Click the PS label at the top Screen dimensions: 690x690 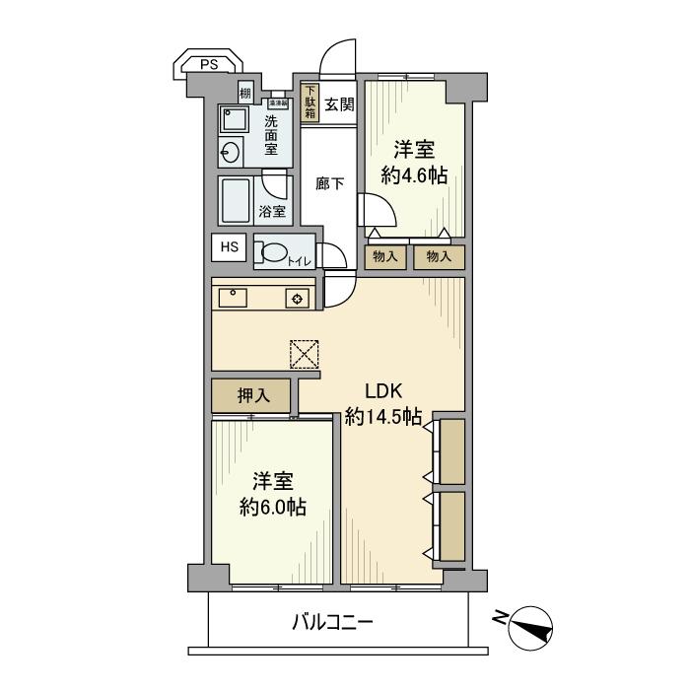click(208, 65)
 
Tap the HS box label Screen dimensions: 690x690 click(229, 247)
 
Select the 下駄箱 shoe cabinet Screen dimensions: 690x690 click(310, 103)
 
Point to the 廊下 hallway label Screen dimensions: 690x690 click(329, 183)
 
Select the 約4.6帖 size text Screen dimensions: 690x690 click(415, 176)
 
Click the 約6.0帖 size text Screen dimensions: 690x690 click(273, 508)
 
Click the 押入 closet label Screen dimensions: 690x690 click(252, 396)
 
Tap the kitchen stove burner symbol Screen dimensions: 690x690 click(297, 299)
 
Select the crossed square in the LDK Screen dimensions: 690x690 click(306, 354)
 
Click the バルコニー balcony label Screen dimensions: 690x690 click(332, 623)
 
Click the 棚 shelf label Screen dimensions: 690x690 click(244, 95)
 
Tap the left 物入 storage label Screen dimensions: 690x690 click(385, 257)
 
